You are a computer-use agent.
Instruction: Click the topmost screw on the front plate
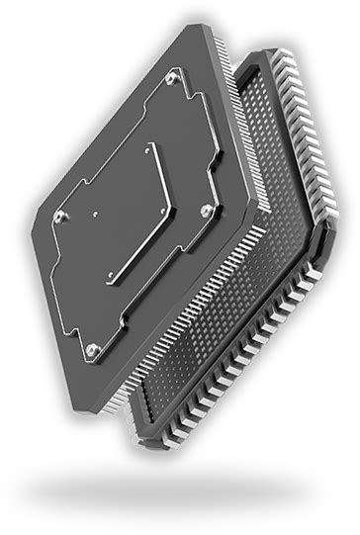point(173,76)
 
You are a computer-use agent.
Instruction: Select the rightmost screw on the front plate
point(205,209)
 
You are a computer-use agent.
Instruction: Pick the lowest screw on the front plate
point(91,348)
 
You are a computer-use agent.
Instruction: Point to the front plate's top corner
point(189,27)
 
